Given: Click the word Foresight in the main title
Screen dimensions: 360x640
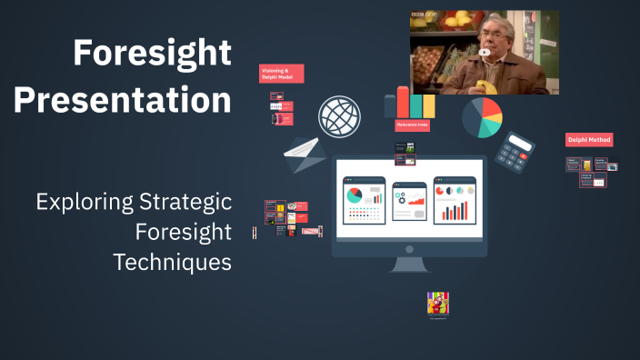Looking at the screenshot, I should (x=152, y=54).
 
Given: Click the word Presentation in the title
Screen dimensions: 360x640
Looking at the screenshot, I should (x=123, y=99).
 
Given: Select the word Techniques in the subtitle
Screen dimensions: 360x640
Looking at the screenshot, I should (x=172, y=263).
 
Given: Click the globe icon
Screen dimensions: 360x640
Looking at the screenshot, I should (x=339, y=117).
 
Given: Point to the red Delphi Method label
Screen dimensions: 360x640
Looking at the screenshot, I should (x=589, y=140).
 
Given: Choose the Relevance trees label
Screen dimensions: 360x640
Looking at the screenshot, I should (x=412, y=125).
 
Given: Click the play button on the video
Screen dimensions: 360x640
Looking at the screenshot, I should (x=485, y=52).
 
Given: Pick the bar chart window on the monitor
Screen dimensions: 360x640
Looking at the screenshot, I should (x=455, y=200).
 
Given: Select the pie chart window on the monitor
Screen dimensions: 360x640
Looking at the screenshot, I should (x=364, y=200).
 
